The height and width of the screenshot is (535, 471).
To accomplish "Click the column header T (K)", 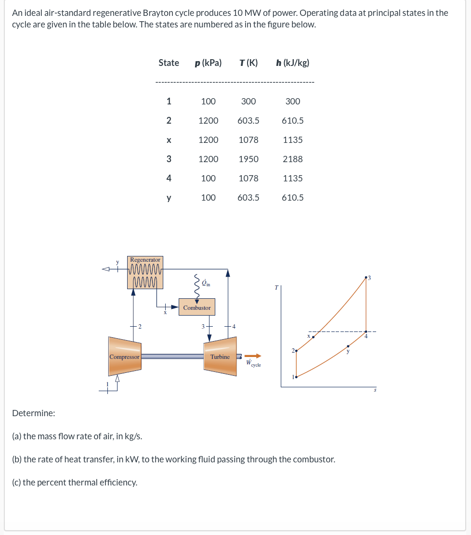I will [248, 63].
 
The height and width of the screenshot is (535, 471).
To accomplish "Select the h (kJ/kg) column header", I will [293, 63].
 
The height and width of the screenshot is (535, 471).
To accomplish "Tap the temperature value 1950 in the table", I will [249, 159].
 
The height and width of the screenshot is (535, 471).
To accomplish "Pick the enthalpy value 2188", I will [293, 159].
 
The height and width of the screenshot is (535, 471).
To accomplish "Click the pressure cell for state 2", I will [208, 120].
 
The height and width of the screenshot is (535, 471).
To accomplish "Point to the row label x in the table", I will [169, 140].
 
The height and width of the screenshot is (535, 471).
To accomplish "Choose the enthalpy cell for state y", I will [293, 197].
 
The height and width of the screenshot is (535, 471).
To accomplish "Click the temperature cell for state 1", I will [249, 101].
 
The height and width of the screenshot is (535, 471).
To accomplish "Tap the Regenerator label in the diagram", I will [145, 260].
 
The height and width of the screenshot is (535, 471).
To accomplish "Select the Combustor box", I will [197, 307].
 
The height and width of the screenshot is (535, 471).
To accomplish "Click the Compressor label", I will [124, 357].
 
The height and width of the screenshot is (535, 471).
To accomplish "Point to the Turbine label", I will [220, 357].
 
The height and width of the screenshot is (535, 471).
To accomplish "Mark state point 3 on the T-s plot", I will [366, 278].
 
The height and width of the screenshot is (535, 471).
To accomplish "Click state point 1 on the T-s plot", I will [296, 377].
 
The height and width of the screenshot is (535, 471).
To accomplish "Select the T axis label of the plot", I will [276, 287].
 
